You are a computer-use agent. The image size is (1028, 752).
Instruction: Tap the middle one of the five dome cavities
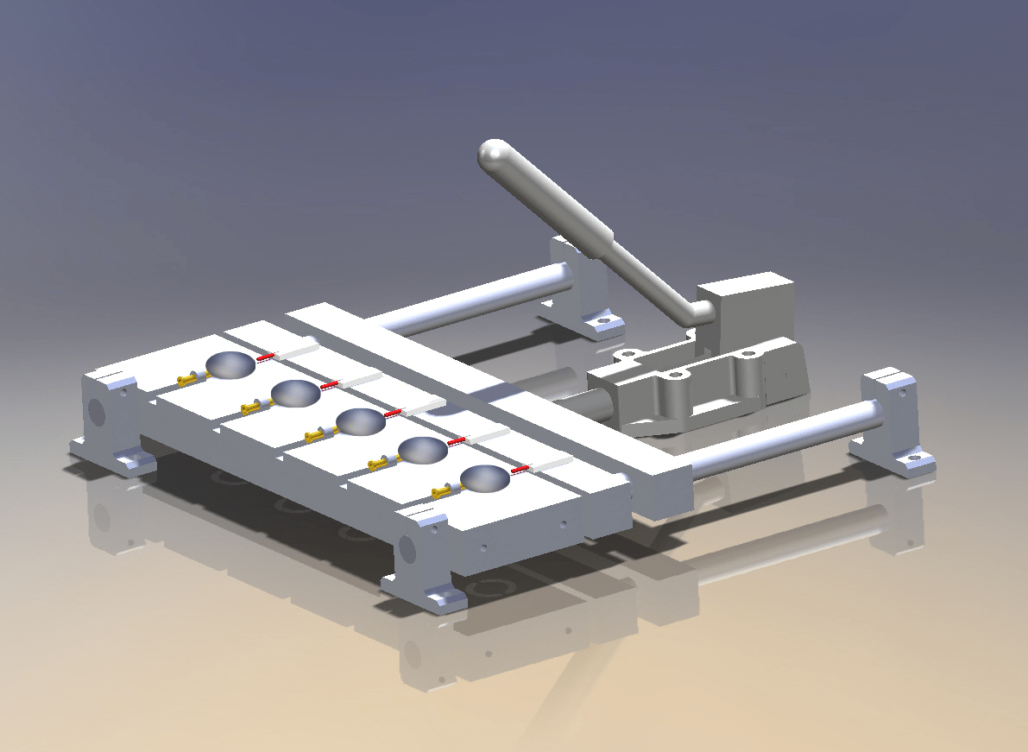point(360,421)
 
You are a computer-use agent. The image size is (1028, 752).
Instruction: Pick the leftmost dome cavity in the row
point(230,365)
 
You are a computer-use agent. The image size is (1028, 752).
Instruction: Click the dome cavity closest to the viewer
point(485,478)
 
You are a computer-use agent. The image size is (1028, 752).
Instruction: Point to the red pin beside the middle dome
point(394,413)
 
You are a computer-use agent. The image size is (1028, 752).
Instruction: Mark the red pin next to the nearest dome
point(520,469)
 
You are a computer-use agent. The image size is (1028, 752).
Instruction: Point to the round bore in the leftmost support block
point(97,413)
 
